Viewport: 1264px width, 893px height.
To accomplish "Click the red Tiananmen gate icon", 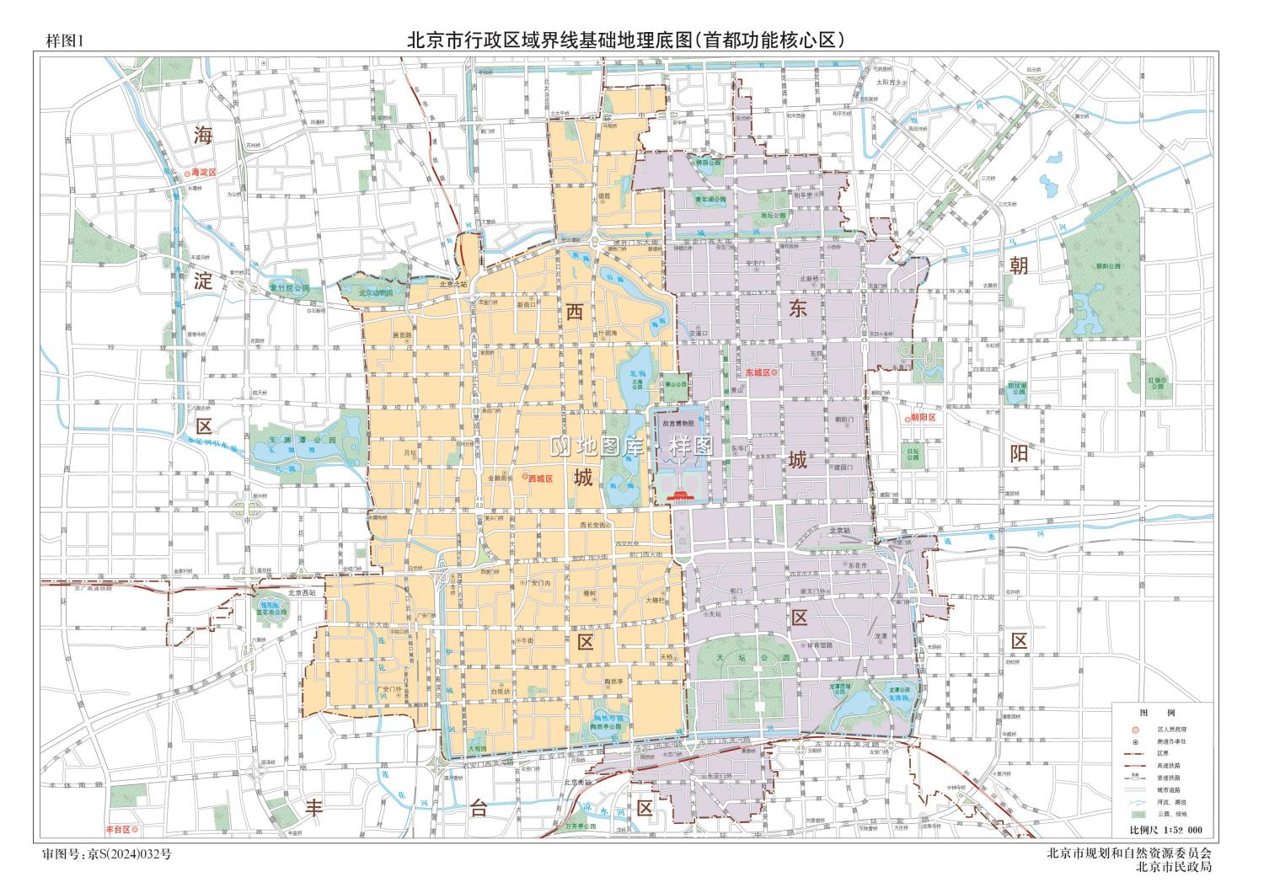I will pyautogui.click(x=679, y=499).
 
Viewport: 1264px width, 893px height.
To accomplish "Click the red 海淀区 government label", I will pyautogui.click(x=203, y=172).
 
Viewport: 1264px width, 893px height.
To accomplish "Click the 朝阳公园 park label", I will pyautogui.click(x=1110, y=266).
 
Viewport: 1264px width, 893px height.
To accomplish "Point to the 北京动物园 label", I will pyautogui.click(x=376, y=293).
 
